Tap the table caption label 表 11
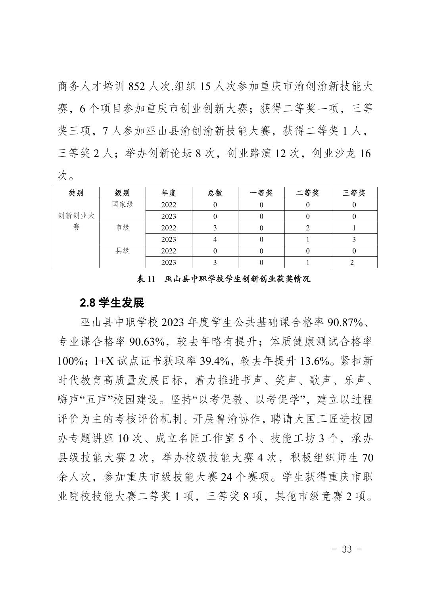pos(145,279)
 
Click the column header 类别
pos(76,193)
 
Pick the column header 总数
pos(215,193)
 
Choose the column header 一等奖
pos(261,193)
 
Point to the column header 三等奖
pos(354,193)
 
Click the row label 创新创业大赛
pos(76,221)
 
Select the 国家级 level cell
pos(123,205)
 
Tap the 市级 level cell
pos(123,228)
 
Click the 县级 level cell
pos(123,251)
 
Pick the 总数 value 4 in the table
pos(215,239)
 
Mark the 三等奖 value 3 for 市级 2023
pos(354,239)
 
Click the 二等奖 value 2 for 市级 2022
pos(308,228)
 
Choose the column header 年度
pos(169,193)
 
